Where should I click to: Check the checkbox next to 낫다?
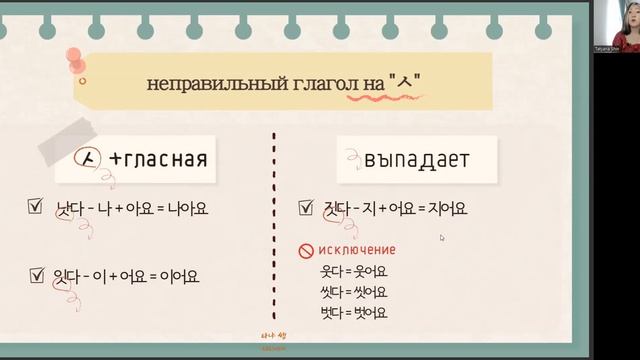point(36,209)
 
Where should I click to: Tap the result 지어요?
point(445,210)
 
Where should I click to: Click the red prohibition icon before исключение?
point(306,250)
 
